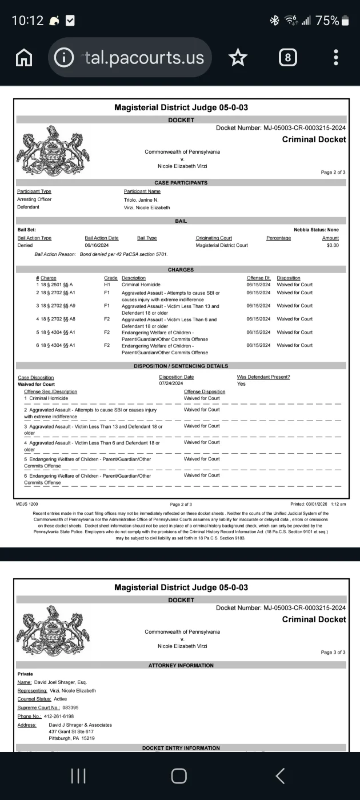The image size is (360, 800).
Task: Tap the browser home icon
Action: pyautogui.click(x=23, y=57)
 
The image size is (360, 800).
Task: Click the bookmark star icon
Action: pyautogui.click(x=238, y=57)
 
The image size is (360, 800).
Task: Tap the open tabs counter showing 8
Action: pyautogui.click(x=287, y=57)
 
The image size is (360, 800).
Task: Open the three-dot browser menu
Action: pyautogui.click(x=336, y=57)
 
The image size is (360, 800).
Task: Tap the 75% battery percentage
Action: pyautogui.click(x=327, y=21)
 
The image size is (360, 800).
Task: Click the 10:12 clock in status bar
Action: pyautogui.click(x=27, y=21)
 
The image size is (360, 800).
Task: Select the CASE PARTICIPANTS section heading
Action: pyautogui.click(x=181, y=183)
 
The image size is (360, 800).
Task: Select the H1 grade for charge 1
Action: pyautogui.click(x=107, y=285)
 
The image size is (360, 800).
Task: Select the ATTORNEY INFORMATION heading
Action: pyautogui.click(x=181, y=666)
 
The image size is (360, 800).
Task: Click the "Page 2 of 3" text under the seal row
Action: pyautogui.click(x=333, y=172)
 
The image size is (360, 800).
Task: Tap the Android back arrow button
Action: pyautogui.click(x=280, y=775)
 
